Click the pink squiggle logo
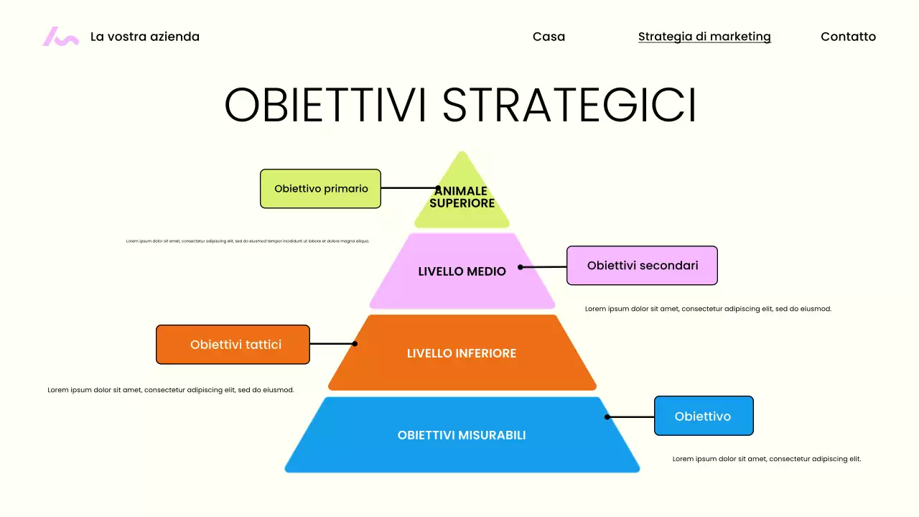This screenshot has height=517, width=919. (60, 37)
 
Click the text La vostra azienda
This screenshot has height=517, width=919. (145, 37)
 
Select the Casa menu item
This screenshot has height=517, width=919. (549, 37)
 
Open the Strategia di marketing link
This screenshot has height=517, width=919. (704, 37)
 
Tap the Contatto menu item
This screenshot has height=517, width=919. (848, 37)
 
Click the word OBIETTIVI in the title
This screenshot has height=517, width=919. (327, 106)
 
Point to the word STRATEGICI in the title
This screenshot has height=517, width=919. (569, 106)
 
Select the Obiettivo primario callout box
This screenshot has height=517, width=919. (320, 189)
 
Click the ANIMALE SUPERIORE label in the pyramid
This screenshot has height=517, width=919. (462, 197)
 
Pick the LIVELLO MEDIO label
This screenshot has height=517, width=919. (462, 271)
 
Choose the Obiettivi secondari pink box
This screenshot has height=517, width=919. (642, 266)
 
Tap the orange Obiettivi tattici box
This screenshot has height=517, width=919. (233, 345)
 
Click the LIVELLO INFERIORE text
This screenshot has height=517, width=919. (462, 353)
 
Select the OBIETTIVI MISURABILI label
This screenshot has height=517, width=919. (462, 435)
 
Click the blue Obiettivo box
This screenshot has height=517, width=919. (704, 416)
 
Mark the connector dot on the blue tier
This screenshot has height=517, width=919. (607, 416)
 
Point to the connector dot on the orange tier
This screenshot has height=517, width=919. (355, 344)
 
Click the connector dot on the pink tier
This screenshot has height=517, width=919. (521, 267)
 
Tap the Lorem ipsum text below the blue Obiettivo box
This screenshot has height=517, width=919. (767, 459)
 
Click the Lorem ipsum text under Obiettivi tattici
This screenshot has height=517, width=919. (171, 390)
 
